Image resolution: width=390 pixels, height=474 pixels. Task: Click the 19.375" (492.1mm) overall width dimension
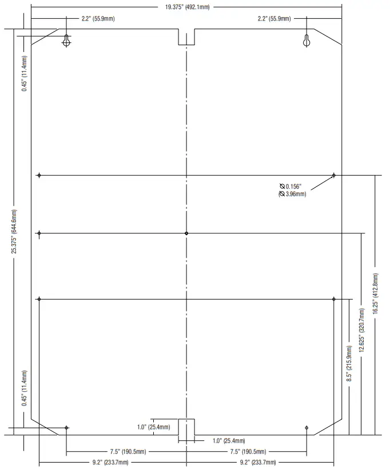coord(187,7)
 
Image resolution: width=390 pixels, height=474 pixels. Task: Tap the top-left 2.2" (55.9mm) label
coord(98,19)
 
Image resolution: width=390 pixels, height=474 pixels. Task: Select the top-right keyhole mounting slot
coord(307,41)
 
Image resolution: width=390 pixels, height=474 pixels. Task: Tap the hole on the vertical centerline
coord(187,233)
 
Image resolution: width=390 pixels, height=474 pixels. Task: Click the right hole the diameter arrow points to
coord(334,176)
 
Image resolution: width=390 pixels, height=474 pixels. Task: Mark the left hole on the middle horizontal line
coord(39,233)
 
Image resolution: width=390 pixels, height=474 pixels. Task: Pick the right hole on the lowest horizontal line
coord(334,298)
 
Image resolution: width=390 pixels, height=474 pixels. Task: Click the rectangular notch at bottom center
coord(186,427)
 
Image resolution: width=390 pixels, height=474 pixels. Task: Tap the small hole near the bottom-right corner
coord(307,428)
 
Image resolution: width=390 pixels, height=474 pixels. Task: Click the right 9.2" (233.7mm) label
coord(257,462)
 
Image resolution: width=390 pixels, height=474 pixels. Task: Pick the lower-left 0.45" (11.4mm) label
coord(25,388)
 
